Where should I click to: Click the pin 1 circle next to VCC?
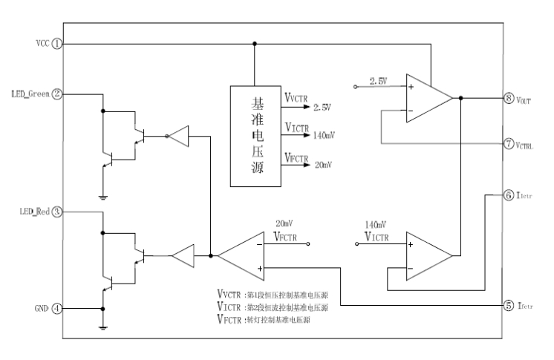[x=57, y=44]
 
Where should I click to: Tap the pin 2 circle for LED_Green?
[x=57, y=94]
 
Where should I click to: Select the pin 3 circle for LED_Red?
[x=57, y=212]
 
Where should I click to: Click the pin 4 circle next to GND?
[x=57, y=308]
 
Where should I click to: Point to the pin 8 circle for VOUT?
[x=508, y=98]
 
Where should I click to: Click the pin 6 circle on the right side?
[x=508, y=195]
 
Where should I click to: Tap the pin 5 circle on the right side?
[x=508, y=305]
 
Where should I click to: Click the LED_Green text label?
[x=29, y=94]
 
